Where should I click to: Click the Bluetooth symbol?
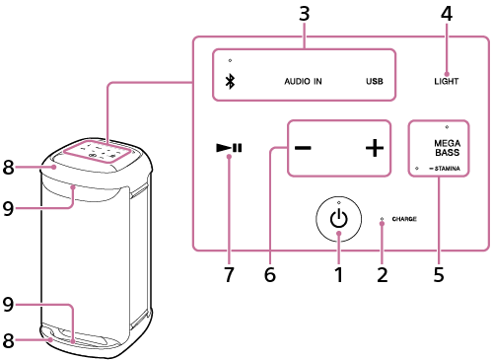tap(230, 81)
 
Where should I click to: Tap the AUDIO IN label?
tap(303, 81)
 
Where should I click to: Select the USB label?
tap(375, 81)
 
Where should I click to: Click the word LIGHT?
tap(446, 81)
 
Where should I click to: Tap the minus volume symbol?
tap(303, 148)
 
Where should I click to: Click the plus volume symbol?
tap(375, 148)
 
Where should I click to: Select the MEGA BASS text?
tap(447, 148)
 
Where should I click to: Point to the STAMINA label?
tap(447, 169)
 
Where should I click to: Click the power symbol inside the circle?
tap(338, 219)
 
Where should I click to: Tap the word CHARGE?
tap(404, 219)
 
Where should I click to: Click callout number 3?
tap(304, 14)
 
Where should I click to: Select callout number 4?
tap(447, 14)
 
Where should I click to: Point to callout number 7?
tap(229, 274)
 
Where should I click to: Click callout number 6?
tap(270, 274)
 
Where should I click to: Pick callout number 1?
tap(338, 274)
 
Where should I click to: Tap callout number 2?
tap(383, 274)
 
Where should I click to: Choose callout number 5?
tap(439, 274)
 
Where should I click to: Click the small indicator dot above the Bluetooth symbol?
tap(230, 60)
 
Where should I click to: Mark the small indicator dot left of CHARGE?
tap(382, 219)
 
